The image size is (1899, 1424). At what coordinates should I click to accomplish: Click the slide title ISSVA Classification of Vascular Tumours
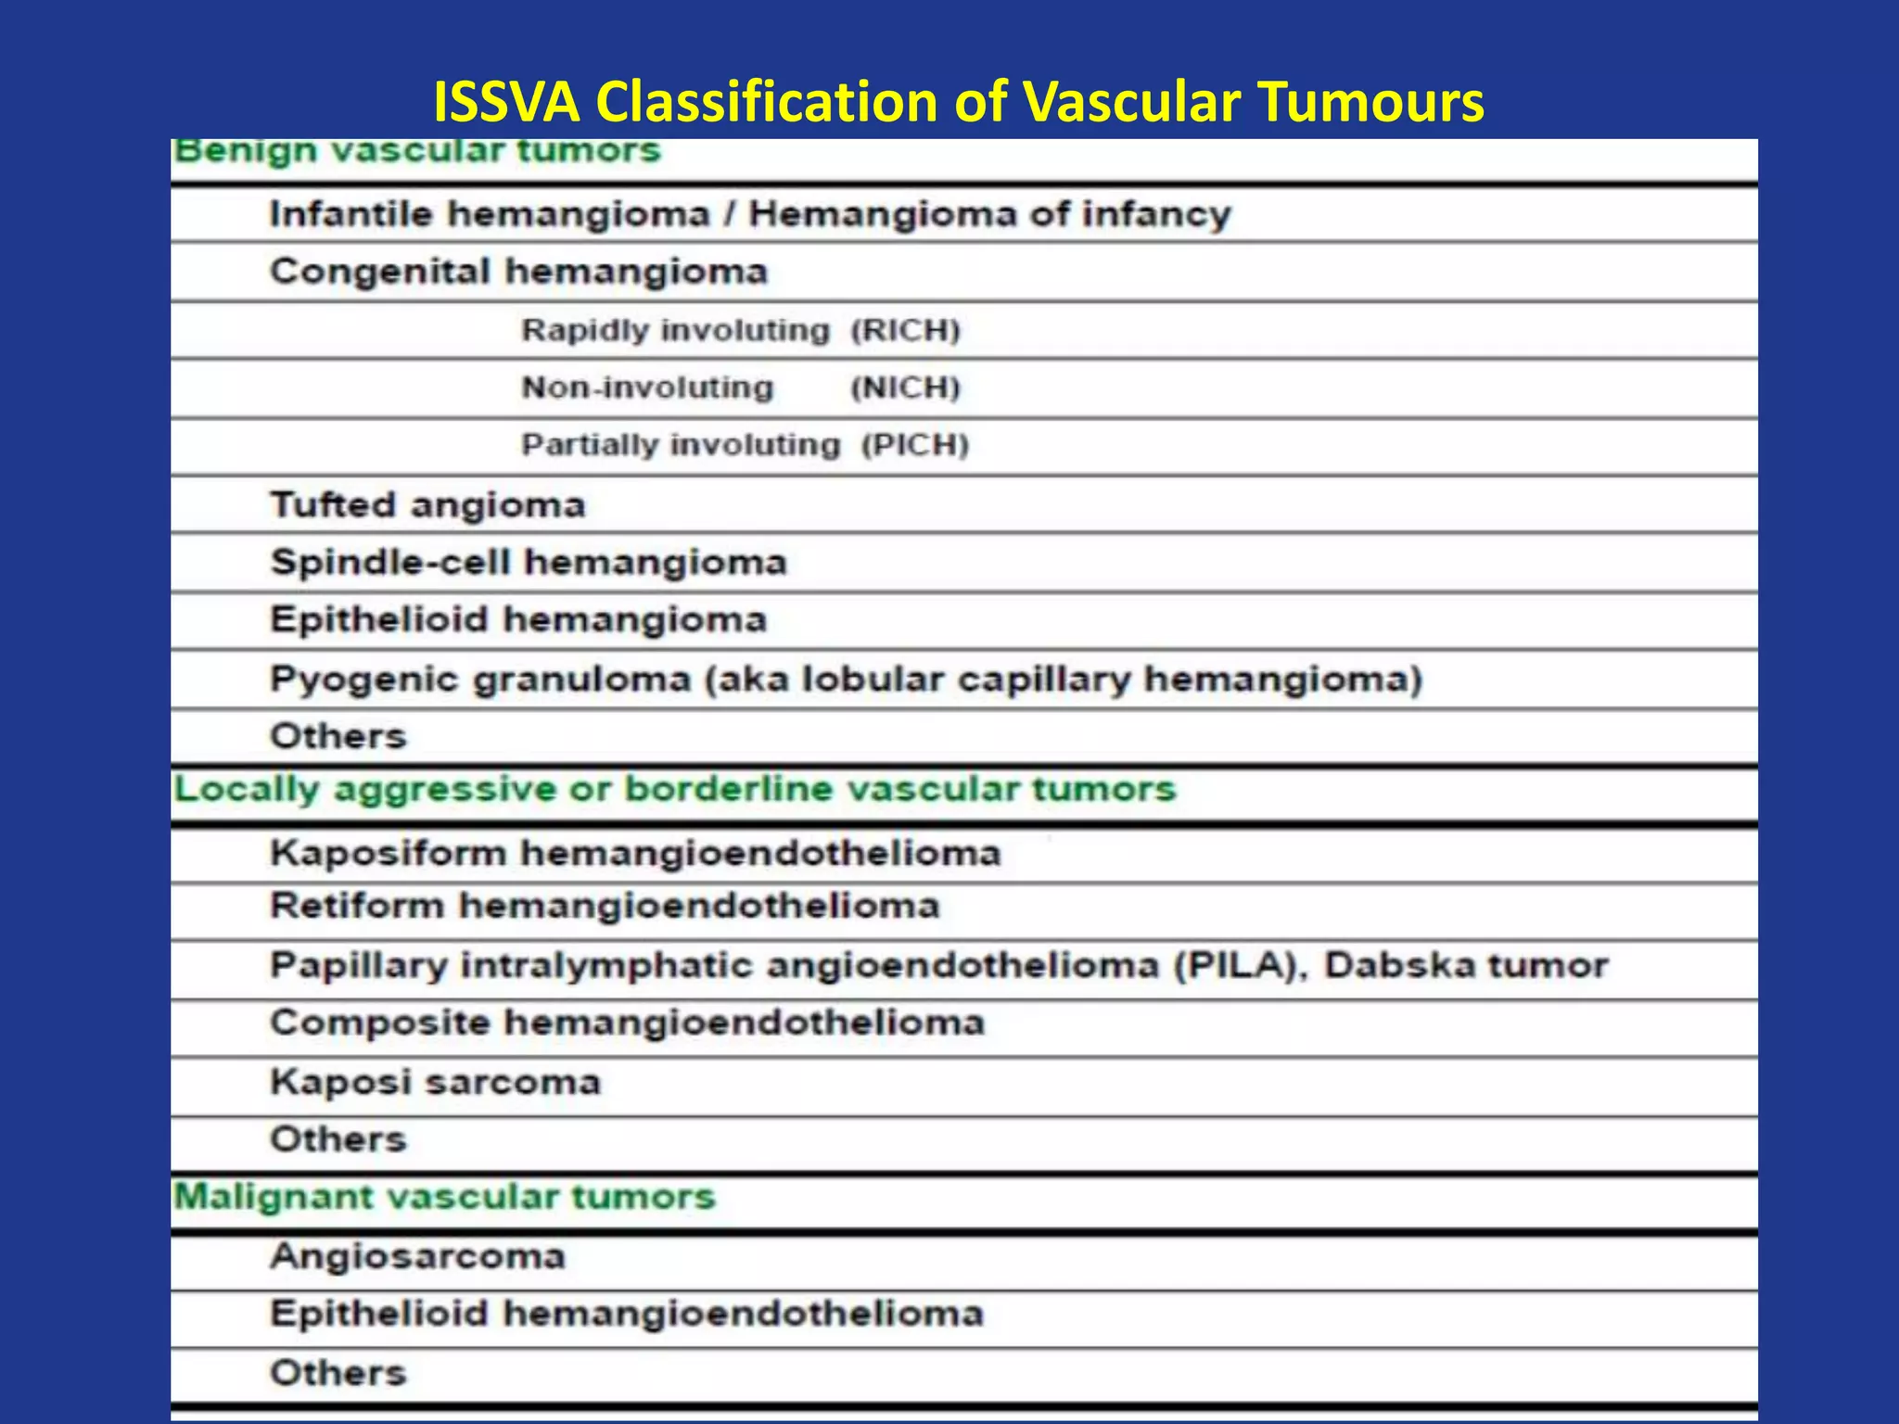958,101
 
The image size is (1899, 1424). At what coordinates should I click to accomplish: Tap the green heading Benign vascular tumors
416,151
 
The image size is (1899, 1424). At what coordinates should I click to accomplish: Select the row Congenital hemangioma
518,272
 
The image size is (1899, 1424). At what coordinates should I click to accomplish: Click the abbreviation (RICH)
905,330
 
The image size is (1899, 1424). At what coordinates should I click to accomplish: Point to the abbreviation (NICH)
905,388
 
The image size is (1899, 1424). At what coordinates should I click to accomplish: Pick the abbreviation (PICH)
914,445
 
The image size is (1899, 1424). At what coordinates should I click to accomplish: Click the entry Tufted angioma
427,505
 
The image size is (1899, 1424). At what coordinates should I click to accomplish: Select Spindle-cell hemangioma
528,563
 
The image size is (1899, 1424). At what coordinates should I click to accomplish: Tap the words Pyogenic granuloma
480,680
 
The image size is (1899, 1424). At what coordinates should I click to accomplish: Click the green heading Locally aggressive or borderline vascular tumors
674,790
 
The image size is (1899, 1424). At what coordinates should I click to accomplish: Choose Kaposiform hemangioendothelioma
635,853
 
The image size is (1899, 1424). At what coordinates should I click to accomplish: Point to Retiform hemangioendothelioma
605,906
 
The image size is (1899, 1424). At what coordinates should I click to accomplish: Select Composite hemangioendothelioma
627,1023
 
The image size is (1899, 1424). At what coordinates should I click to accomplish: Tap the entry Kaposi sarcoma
435,1082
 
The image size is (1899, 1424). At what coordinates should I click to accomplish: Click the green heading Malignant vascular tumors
444,1197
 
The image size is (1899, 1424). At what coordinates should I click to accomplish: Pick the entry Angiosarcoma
417,1257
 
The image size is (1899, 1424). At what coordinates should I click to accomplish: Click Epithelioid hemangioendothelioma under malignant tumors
626,1315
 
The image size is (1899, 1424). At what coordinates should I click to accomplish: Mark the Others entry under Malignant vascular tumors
338,1373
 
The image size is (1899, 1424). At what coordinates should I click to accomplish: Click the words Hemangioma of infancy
989,214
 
